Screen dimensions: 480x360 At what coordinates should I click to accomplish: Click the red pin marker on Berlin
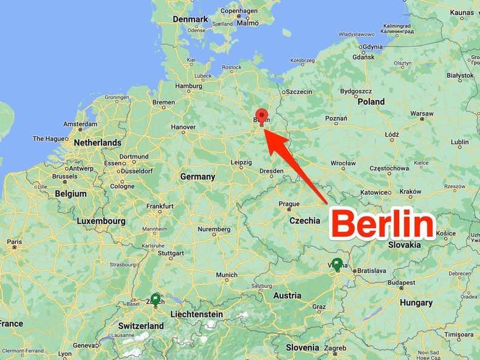(262, 115)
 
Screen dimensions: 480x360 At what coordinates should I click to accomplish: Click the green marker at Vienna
(337, 264)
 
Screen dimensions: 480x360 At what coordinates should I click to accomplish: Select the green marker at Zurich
(156, 299)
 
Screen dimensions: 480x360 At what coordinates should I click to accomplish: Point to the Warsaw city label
(422, 114)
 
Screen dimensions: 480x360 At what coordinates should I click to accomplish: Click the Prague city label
(289, 204)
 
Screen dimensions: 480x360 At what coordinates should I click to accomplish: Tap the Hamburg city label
(188, 86)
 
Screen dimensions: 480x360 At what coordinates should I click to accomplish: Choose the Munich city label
(227, 275)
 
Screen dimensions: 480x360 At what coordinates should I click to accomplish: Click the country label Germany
(197, 177)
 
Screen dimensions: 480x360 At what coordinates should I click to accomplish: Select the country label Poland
(371, 101)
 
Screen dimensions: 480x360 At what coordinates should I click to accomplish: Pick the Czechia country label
(304, 220)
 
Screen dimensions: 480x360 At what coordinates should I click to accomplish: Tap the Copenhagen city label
(239, 11)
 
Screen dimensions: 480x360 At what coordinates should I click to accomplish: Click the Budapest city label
(402, 282)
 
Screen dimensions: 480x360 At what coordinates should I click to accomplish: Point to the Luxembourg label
(101, 221)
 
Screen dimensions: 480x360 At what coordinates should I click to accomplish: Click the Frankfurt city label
(160, 206)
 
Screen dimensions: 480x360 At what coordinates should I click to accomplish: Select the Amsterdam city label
(81, 124)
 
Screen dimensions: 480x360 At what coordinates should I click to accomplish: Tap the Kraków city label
(410, 191)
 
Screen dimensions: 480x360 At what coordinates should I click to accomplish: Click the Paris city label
(15, 241)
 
